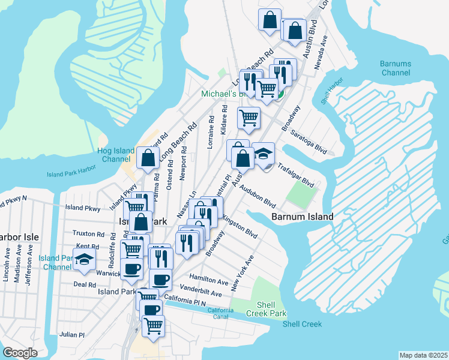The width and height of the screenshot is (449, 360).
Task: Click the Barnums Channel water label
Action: tap(395, 68)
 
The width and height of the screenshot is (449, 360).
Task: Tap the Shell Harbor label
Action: tap(332, 91)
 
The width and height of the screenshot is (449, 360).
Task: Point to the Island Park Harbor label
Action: tap(71, 175)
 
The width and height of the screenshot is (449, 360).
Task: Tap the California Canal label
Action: tap(220, 312)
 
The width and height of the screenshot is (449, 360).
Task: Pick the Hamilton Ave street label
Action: tap(209, 280)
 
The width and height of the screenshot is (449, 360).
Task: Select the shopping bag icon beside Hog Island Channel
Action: tap(148, 159)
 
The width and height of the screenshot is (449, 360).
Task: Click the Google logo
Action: tap(20, 353)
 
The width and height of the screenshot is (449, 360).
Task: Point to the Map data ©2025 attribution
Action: tap(423, 355)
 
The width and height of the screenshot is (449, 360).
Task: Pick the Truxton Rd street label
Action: tap(88, 233)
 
